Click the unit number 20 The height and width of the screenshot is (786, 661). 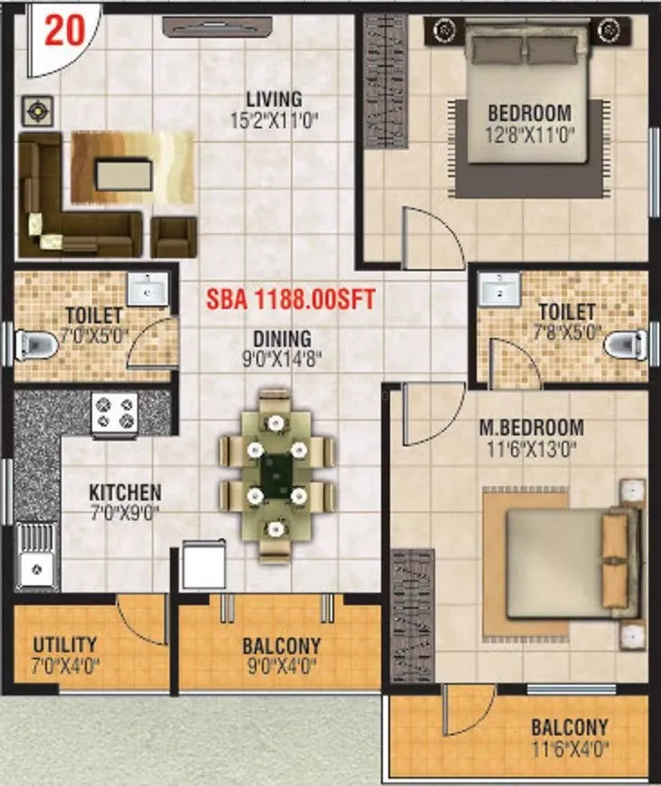(65, 30)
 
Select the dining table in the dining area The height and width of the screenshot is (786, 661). (276, 469)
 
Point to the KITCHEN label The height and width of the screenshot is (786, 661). (125, 492)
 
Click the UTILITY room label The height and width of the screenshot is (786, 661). (65, 645)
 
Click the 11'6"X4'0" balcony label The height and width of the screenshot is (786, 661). (569, 747)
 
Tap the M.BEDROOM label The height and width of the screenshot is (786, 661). (531, 427)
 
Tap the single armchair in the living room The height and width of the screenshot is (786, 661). (173, 237)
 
